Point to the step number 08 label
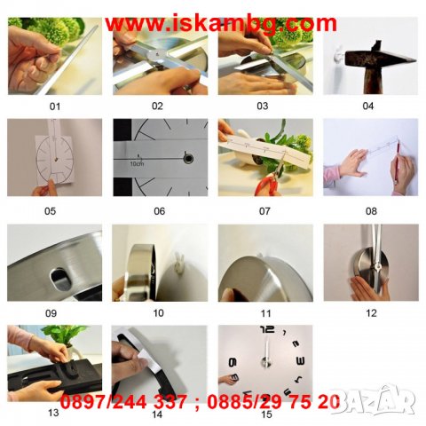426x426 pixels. [x=368, y=211]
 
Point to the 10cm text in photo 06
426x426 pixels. [x=138, y=163]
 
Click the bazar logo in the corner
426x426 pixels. [x=390, y=404]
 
